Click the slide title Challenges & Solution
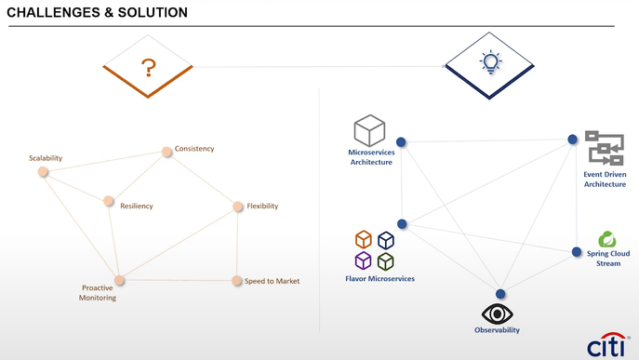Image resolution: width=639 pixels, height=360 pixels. (x=97, y=13)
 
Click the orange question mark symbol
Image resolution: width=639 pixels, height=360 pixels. (x=148, y=68)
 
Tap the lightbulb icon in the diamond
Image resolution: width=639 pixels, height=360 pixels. (x=490, y=62)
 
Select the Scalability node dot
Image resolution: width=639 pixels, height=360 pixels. (x=43, y=171)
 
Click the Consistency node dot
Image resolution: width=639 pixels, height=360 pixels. (x=167, y=152)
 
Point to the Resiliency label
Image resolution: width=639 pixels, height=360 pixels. (x=137, y=206)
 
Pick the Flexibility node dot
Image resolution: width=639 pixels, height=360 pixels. (x=238, y=207)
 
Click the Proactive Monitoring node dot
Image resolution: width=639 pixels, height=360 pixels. (x=119, y=280)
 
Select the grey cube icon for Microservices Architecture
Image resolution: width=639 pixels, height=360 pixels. (x=369, y=131)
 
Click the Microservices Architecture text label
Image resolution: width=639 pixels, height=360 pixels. (x=371, y=157)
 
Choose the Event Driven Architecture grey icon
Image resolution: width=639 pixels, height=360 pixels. (x=605, y=148)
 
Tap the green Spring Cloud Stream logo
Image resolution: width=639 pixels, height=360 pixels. (x=607, y=240)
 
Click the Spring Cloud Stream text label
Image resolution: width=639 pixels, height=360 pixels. (x=608, y=259)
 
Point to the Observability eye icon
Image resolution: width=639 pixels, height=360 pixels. (x=498, y=313)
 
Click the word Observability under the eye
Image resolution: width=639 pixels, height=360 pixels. (x=498, y=330)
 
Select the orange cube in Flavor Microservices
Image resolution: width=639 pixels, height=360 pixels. (x=364, y=240)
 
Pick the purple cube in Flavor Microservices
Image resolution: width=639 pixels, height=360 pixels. (x=364, y=261)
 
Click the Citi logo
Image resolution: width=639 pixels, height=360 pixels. (x=606, y=344)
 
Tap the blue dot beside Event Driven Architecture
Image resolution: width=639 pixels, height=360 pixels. (x=573, y=140)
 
